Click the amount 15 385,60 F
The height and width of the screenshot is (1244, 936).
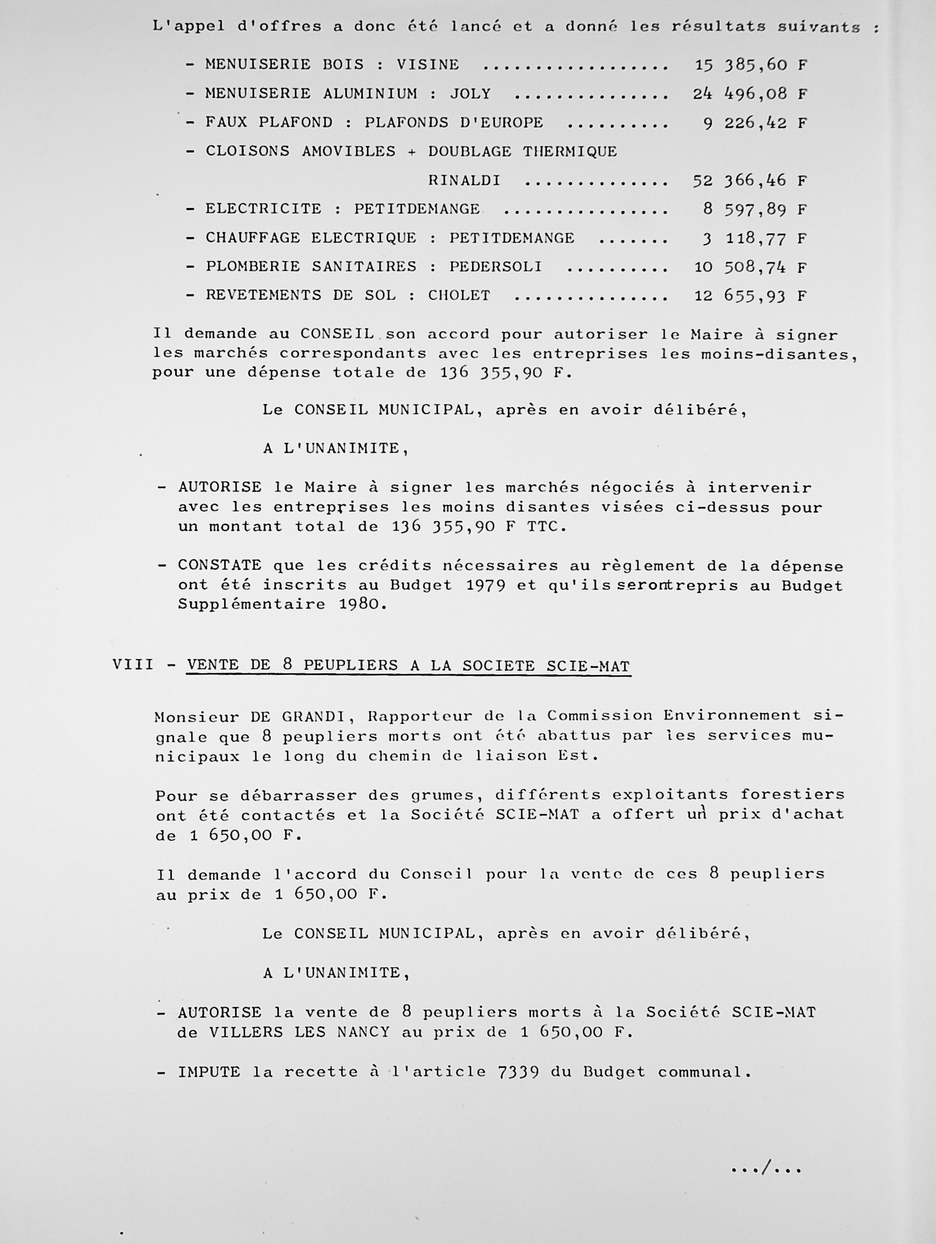[x=750, y=65]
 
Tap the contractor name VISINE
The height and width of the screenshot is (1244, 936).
[x=428, y=65]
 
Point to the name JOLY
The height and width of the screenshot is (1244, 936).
[x=470, y=93]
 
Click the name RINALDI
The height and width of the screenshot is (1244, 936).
[x=464, y=181]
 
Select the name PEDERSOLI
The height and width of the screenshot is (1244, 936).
[x=495, y=267]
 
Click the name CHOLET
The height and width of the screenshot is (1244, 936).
[x=459, y=295]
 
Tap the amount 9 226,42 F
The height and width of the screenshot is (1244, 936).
[x=754, y=122]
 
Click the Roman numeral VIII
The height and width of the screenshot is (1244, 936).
[x=133, y=665]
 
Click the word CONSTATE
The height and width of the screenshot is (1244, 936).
[x=220, y=565]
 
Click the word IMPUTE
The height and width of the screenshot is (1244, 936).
[x=209, y=1072]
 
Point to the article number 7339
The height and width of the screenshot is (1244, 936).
[x=518, y=1072]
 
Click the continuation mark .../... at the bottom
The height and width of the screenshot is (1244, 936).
[x=766, y=1169]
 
